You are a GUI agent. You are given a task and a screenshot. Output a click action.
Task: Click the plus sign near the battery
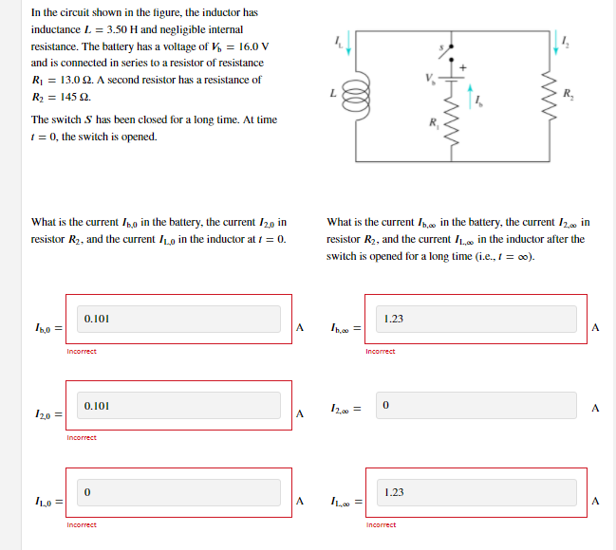click(x=464, y=67)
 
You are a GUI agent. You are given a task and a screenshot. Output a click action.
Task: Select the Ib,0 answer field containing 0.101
click(x=179, y=319)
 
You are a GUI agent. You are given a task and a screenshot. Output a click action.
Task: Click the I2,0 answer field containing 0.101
click(x=179, y=406)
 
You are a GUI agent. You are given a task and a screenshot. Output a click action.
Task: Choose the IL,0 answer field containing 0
click(x=179, y=492)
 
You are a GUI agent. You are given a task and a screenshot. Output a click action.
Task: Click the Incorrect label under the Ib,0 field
click(x=82, y=351)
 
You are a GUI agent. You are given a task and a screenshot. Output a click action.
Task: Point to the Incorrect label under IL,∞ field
click(x=381, y=524)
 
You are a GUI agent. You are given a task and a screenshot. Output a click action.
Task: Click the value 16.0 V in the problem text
click(x=251, y=46)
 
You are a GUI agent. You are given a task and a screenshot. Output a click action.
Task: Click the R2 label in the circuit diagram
click(x=567, y=93)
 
